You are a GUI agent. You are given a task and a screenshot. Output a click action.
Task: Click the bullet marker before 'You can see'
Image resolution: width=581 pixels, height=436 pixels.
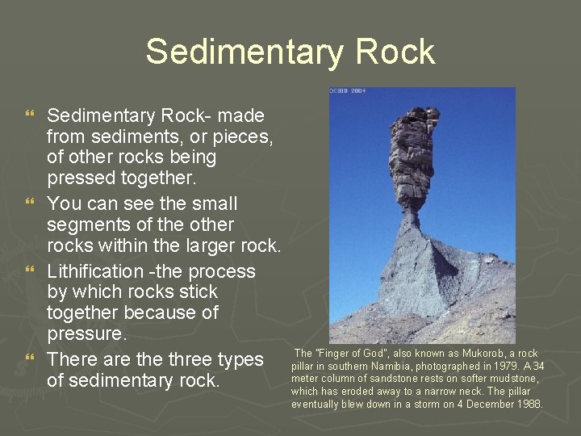pos(31,203)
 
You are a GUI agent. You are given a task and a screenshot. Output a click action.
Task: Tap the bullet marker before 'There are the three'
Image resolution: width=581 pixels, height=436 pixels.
pos(31,358)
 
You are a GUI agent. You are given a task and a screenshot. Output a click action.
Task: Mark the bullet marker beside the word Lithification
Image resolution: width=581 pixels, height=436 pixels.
pos(31,270)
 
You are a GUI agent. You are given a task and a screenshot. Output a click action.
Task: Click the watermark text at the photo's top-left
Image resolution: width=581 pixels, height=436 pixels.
pos(348,91)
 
